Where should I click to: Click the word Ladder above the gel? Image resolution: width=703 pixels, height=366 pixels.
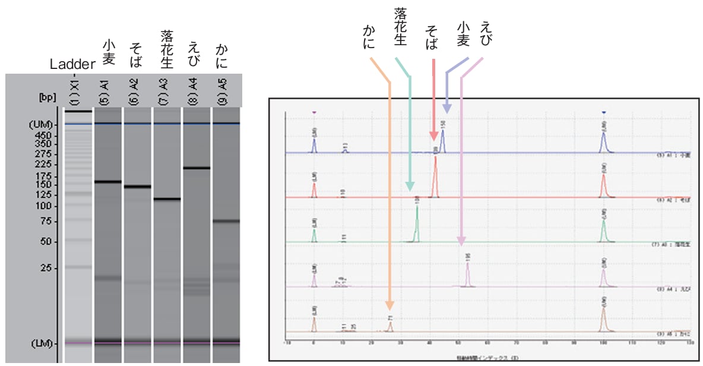click(72, 64)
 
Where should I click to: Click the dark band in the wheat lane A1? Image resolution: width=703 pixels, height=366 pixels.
click(108, 182)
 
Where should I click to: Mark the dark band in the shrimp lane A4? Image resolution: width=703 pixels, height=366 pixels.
click(197, 168)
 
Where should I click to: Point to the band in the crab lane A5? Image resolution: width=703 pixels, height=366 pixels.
click(226, 221)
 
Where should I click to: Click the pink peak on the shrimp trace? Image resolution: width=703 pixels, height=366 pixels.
click(468, 273)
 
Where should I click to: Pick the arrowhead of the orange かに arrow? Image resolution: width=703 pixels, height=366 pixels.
click(389, 306)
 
